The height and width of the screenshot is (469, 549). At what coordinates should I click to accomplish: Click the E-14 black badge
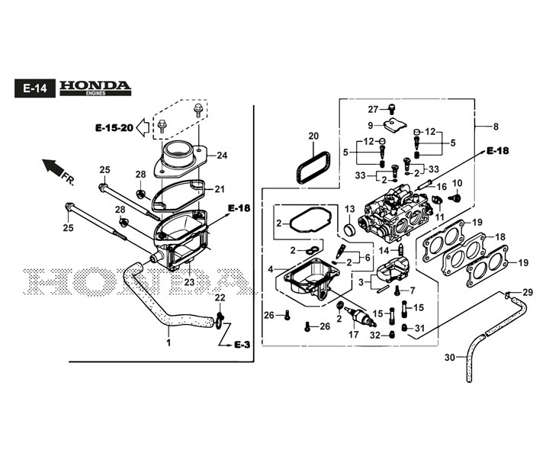point(34,88)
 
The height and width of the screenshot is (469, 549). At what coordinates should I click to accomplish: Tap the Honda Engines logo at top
point(95,88)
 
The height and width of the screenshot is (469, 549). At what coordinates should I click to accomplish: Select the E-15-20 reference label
point(114,127)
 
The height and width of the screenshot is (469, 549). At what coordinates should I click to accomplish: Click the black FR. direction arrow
point(53,165)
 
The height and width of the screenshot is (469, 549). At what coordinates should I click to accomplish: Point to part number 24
point(222,156)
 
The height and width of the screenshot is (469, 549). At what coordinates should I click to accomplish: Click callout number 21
point(220,189)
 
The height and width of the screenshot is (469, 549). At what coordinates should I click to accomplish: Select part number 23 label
point(189,282)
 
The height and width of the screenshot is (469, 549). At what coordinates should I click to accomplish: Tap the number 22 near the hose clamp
point(220,297)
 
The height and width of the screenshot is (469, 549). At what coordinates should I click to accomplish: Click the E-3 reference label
point(242,345)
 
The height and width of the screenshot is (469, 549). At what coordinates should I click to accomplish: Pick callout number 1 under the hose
point(169,342)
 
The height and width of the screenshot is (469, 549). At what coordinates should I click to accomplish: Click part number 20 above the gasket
point(313,137)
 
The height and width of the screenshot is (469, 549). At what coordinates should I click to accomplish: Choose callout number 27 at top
point(374,109)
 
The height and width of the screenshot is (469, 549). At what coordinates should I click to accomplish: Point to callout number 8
point(496,127)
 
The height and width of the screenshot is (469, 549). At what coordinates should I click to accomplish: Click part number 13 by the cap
point(350,209)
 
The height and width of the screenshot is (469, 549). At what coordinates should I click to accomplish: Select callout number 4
point(270,268)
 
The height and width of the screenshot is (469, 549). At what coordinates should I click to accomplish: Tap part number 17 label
point(353,333)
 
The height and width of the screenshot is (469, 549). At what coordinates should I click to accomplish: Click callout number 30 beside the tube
point(449,358)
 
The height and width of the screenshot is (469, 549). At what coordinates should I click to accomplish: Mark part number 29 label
point(527,292)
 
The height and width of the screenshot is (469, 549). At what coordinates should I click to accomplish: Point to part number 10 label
point(457,183)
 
